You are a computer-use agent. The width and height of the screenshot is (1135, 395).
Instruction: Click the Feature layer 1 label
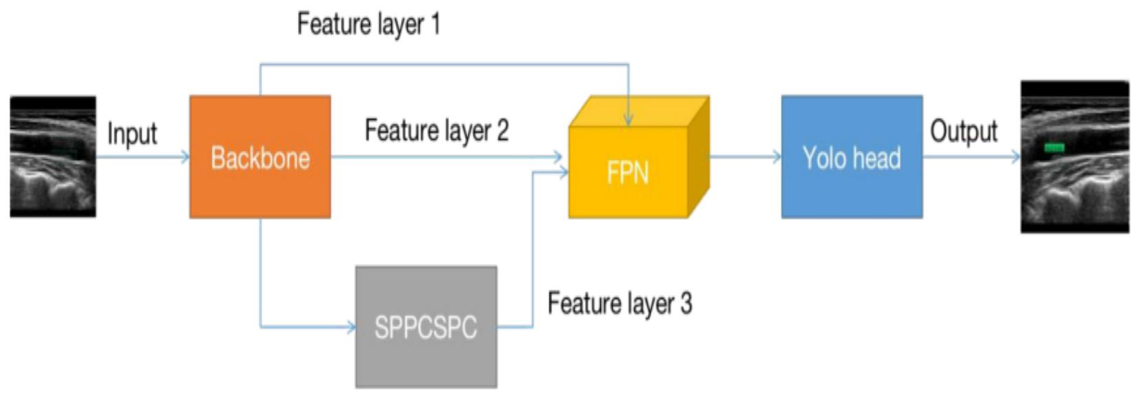(x=368, y=24)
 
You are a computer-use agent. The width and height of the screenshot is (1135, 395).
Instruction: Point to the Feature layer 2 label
(x=437, y=130)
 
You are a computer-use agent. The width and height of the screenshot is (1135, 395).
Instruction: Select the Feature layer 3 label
(x=620, y=303)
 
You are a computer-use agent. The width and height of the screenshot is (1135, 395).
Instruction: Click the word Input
(x=132, y=133)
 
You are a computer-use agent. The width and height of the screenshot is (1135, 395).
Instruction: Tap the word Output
(x=963, y=131)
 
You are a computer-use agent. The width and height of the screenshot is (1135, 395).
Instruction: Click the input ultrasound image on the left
(x=53, y=157)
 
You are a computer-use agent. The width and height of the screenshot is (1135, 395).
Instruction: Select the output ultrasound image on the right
(x=1075, y=157)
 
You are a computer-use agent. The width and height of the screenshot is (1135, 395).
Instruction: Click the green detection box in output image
(x=1054, y=147)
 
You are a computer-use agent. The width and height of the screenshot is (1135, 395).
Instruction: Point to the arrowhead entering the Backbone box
(x=185, y=157)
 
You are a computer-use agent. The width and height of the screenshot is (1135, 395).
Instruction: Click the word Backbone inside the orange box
(x=260, y=158)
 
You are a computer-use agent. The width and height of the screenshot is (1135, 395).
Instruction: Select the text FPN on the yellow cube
(x=628, y=172)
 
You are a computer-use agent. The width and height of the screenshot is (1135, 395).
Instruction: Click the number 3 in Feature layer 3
(x=685, y=303)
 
